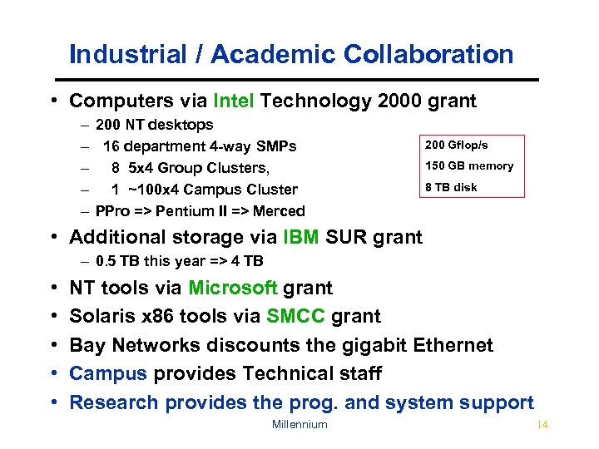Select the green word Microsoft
click(x=233, y=289)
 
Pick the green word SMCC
click(x=295, y=317)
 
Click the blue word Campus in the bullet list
click(x=107, y=373)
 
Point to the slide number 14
click(x=542, y=424)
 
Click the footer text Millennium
click(x=299, y=424)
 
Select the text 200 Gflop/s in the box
click(x=457, y=146)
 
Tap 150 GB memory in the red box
click(x=469, y=166)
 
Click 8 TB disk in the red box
click(x=451, y=187)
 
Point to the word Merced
click(x=280, y=211)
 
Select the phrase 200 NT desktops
click(x=154, y=125)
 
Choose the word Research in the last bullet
click(x=114, y=402)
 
